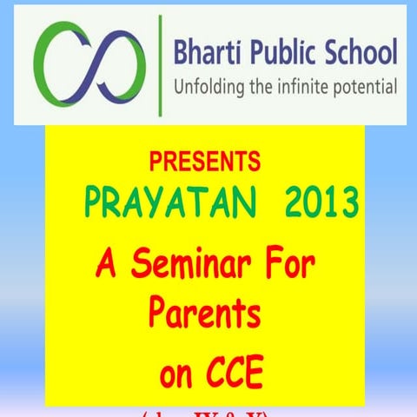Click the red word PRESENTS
tap(204, 162)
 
